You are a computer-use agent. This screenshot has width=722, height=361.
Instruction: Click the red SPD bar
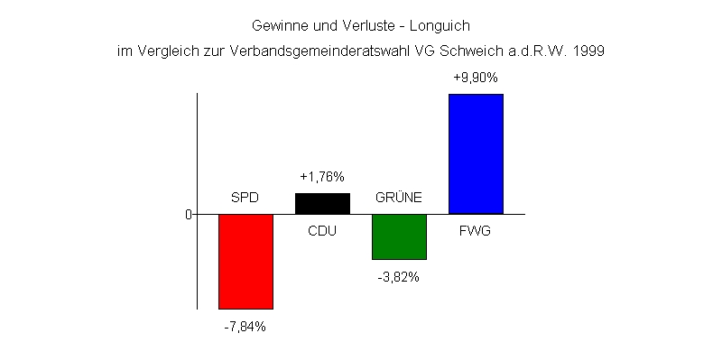(x=245, y=261)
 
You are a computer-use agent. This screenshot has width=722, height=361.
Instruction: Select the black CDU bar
(x=322, y=203)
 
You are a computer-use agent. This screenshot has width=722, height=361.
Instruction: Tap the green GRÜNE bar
(x=399, y=236)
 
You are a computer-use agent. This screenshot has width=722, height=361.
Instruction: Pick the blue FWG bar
(x=476, y=153)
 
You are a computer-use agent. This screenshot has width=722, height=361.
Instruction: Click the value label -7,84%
(x=245, y=327)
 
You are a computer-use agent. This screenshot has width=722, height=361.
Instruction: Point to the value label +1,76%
(x=322, y=177)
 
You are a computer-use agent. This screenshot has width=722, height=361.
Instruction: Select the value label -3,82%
(x=399, y=277)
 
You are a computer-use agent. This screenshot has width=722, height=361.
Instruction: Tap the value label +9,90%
(x=476, y=79)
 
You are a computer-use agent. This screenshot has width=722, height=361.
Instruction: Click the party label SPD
(x=245, y=198)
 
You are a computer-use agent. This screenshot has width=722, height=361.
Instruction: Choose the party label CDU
(x=322, y=231)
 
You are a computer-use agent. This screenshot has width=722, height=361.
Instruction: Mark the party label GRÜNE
(x=399, y=198)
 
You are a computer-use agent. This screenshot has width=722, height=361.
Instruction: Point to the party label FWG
(x=476, y=231)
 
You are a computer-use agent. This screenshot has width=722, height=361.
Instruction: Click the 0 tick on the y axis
(x=189, y=215)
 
